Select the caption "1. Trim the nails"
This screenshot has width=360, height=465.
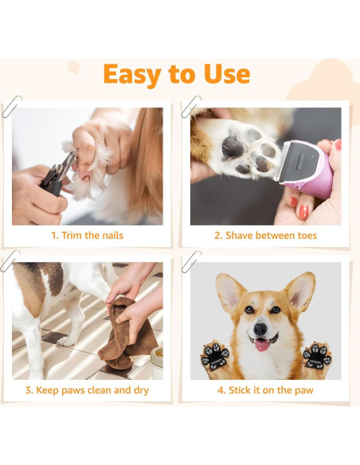[88, 236]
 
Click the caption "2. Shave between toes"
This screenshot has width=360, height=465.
[265, 236]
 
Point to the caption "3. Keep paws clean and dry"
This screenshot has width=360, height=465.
[88, 390]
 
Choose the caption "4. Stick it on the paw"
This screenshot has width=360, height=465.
[265, 390]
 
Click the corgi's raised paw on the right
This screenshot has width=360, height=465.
[316, 355]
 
